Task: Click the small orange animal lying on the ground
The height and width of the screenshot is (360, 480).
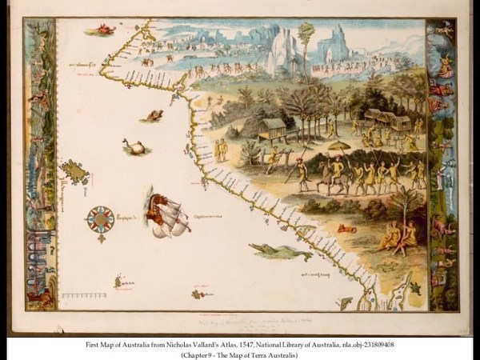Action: tap(347, 229)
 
